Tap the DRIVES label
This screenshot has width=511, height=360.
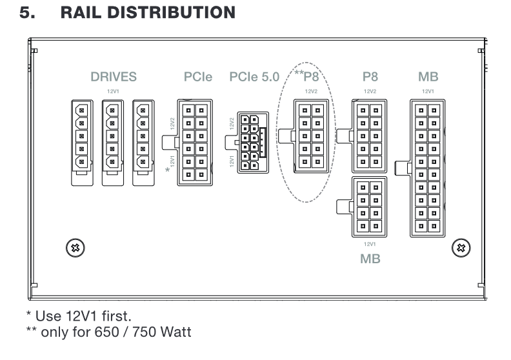click(x=114, y=77)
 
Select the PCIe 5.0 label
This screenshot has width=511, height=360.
click(x=254, y=77)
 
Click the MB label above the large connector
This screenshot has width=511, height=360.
click(x=428, y=77)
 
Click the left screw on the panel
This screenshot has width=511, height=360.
click(x=75, y=247)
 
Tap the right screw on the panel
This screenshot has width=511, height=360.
click(x=461, y=247)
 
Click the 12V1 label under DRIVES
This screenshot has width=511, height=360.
click(x=114, y=92)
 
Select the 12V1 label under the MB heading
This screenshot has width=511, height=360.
click(x=428, y=92)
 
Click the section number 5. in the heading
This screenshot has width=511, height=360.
click(x=28, y=13)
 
